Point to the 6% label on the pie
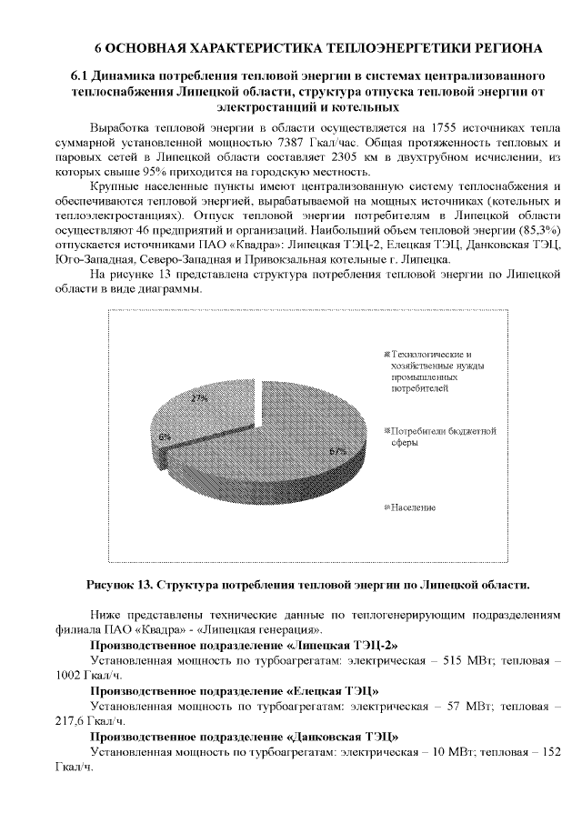tap(164, 437)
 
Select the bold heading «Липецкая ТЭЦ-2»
tap(344, 645)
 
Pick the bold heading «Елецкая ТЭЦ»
tap(334, 690)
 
